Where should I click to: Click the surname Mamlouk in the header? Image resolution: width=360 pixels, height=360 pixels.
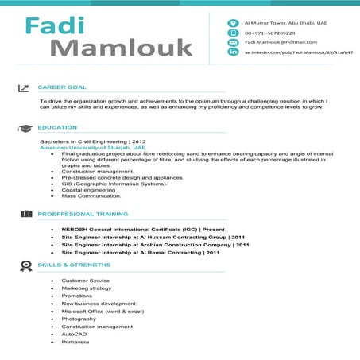(x=122, y=47)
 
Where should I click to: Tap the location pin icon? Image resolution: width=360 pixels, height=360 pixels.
(x=234, y=23)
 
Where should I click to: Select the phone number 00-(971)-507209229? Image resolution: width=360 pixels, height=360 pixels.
(x=269, y=33)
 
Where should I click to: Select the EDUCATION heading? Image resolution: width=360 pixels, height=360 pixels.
(x=57, y=127)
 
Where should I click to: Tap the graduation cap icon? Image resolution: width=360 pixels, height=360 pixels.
(x=25, y=127)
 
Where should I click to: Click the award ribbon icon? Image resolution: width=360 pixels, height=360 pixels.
(x=25, y=265)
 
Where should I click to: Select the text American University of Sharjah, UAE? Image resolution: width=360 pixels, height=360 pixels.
(x=93, y=148)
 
